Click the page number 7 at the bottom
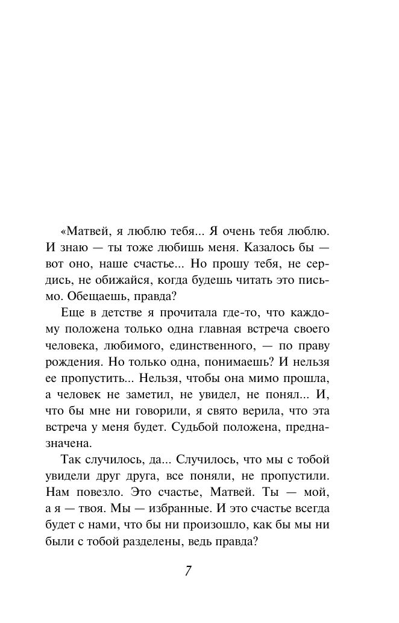(188, 571)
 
